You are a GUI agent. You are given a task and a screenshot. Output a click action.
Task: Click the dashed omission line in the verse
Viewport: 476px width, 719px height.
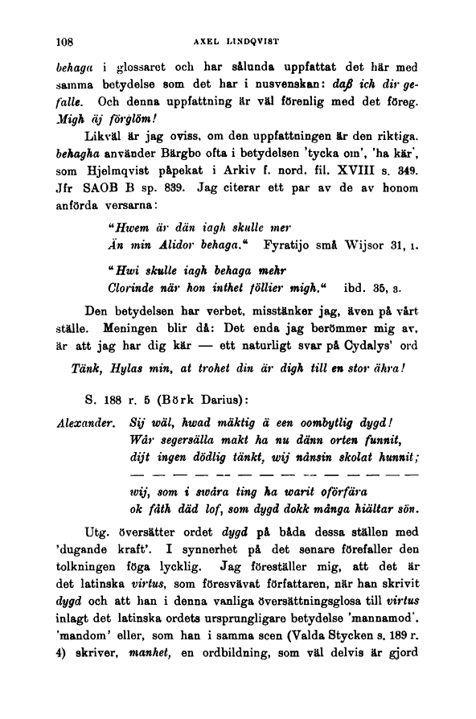(x=273, y=475)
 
